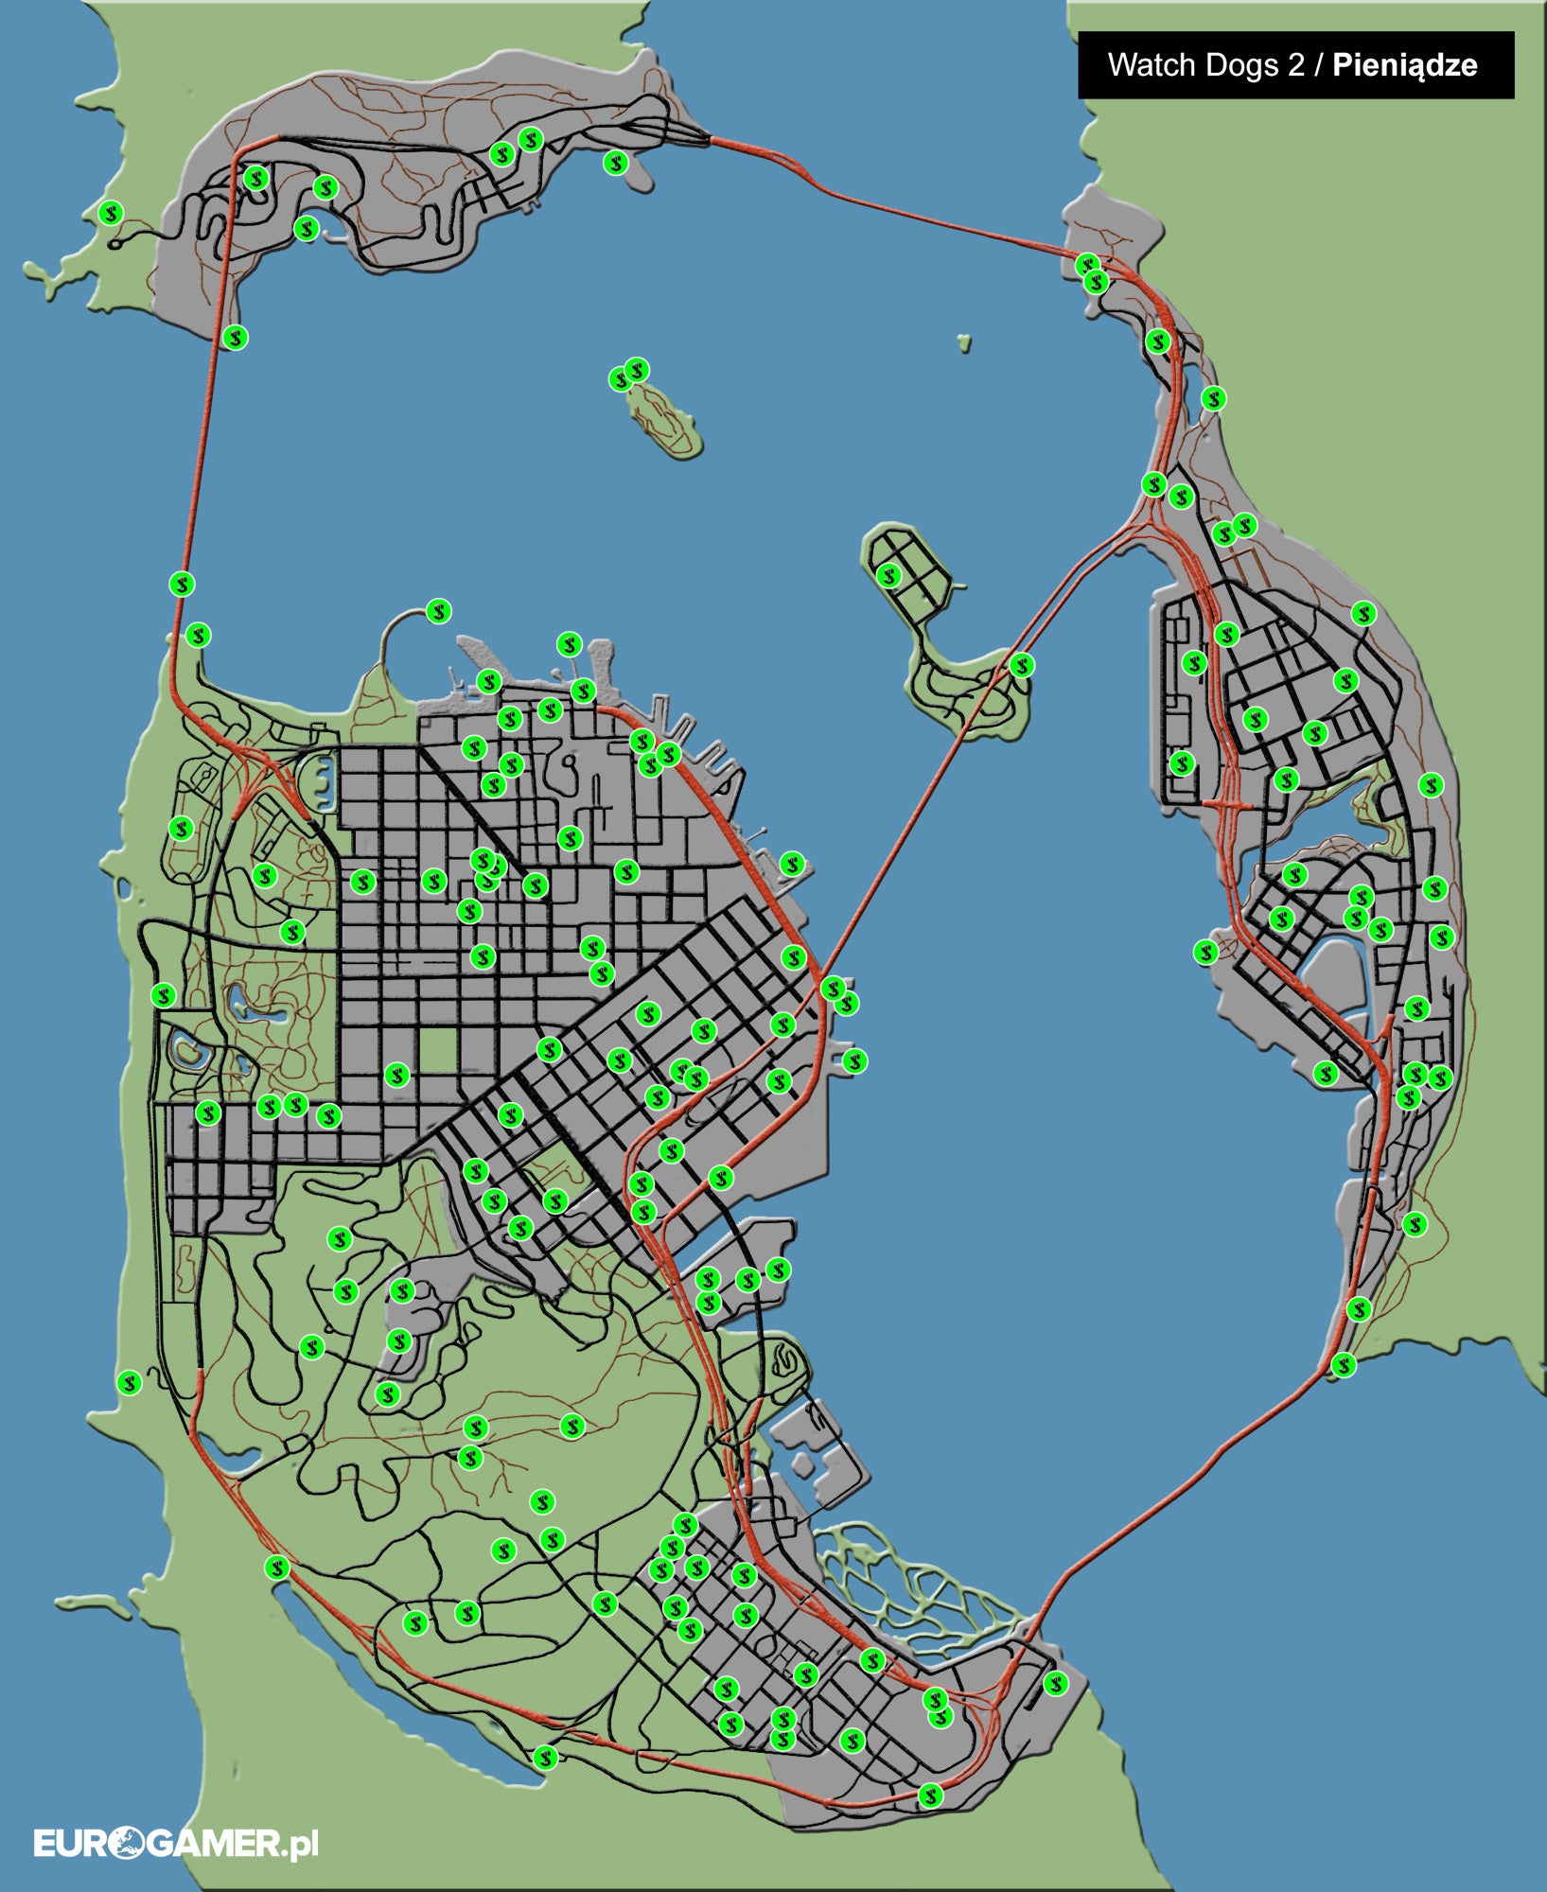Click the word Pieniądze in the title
pyautogui.click(x=1404, y=64)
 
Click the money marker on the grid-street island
pyautogui.click(x=888, y=574)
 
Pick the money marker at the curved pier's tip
pyautogui.click(x=438, y=611)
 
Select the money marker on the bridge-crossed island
pyautogui.click(x=1021, y=665)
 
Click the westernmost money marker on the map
pyautogui.click(x=111, y=213)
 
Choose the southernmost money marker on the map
pyautogui.click(x=931, y=1795)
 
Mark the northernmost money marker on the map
pyautogui.click(x=531, y=139)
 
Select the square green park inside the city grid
pyautogui.click(x=437, y=1050)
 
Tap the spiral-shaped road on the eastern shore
pyautogui.click(x=784, y=1359)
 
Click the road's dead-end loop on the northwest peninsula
pyautogui.click(x=115, y=244)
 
